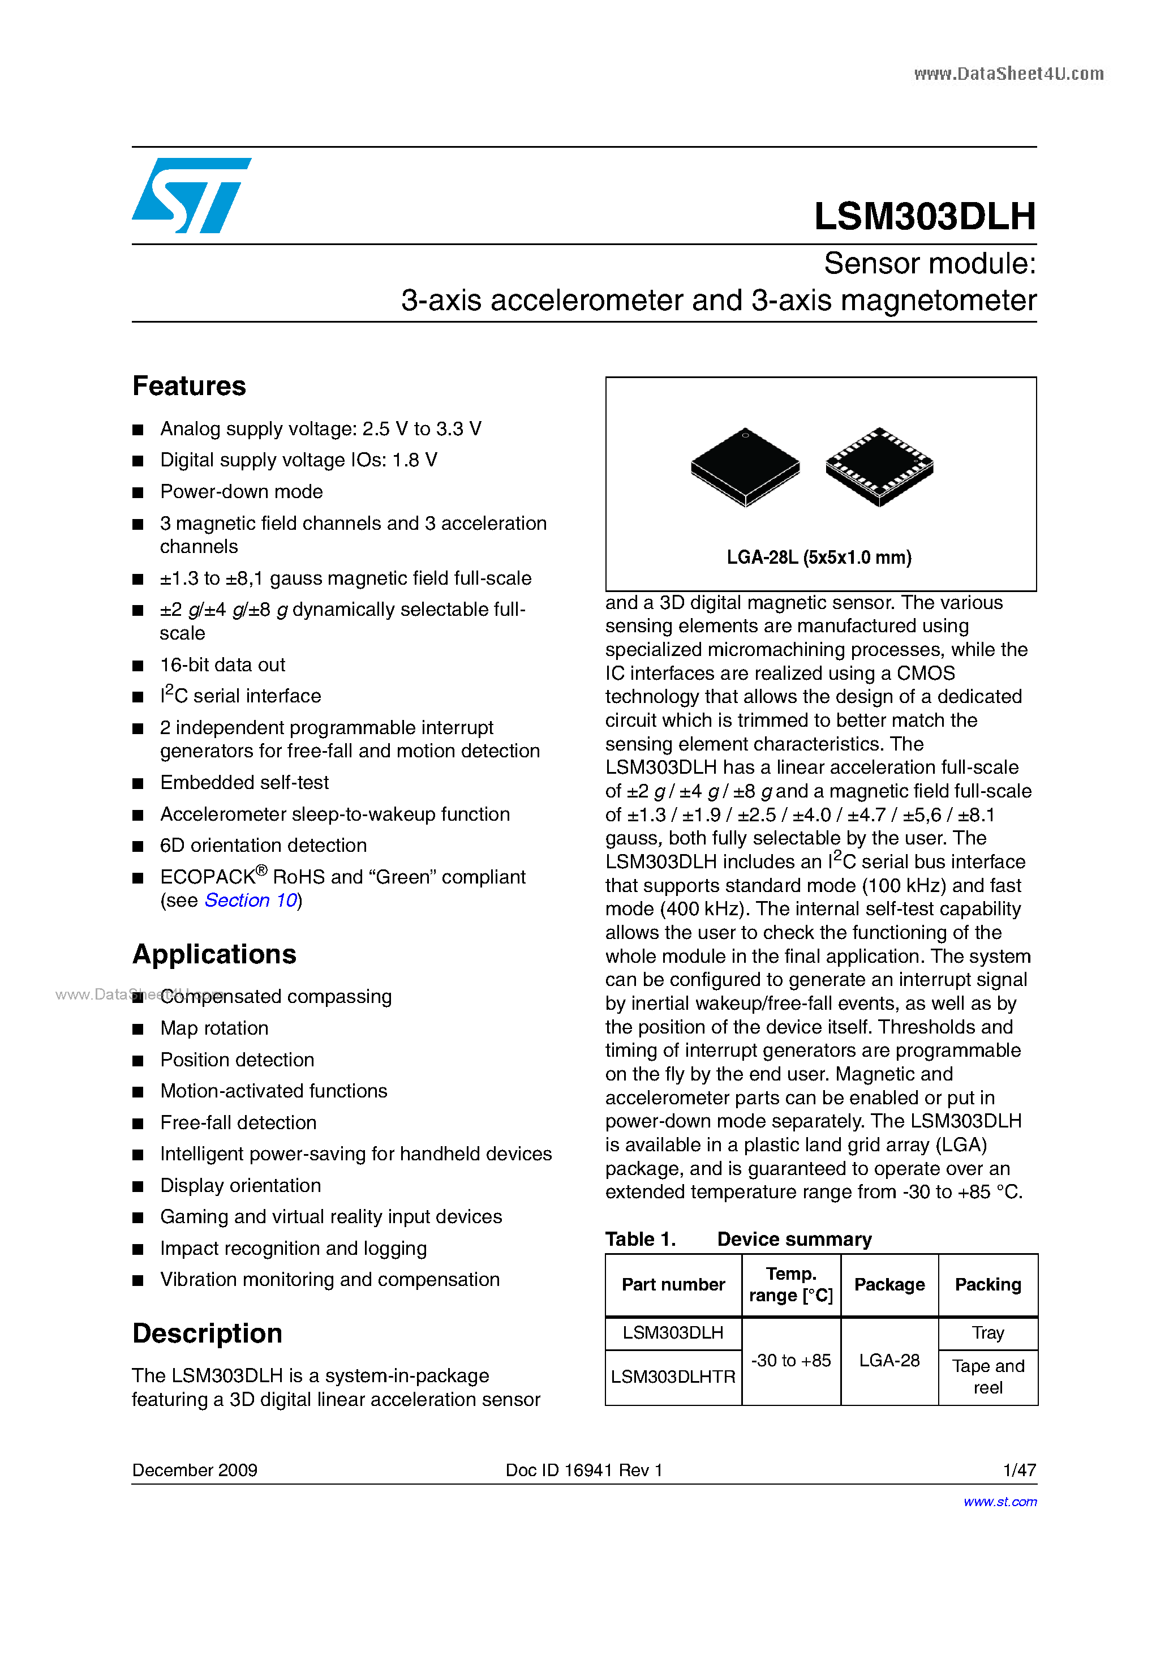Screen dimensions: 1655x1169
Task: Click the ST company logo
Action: (191, 195)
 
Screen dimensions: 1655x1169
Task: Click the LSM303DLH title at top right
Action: (924, 216)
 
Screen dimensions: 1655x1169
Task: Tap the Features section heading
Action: (189, 387)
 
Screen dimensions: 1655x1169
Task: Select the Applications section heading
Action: (214, 954)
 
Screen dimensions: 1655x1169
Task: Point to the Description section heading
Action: (207, 1334)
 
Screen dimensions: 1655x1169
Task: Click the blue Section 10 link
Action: (251, 901)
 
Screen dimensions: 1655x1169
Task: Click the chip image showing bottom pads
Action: (879, 466)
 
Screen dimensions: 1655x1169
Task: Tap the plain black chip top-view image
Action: (745, 466)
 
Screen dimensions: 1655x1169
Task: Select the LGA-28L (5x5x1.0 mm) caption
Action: (819, 557)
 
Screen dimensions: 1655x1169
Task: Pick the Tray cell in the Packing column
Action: (987, 1333)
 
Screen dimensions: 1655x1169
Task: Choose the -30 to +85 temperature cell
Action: (790, 1360)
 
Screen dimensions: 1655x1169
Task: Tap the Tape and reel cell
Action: (987, 1376)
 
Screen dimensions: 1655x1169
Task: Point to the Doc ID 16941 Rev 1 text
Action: (584, 1470)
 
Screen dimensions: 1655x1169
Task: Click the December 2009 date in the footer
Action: (195, 1470)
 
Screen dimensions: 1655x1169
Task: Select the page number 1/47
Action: (1019, 1470)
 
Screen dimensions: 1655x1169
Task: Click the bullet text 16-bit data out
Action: (223, 664)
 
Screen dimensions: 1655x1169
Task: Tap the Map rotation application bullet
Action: (214, 1028)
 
